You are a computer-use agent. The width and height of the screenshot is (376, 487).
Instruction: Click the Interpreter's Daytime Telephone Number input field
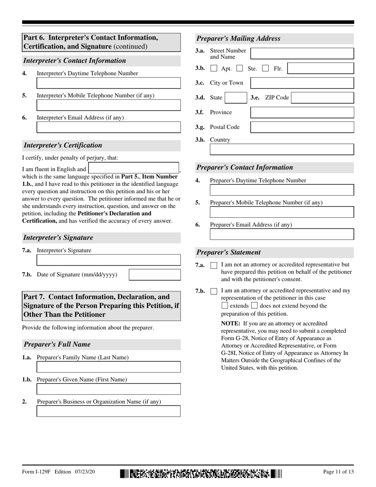click(108, 83)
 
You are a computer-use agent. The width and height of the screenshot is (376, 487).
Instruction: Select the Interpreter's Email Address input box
click(108, 127)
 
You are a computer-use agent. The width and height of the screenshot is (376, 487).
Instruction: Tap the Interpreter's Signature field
click(108, 260)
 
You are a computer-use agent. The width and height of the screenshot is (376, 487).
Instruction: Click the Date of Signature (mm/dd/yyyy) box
click(155, 275)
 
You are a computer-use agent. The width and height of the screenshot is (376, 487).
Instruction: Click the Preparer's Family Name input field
click(108, 367)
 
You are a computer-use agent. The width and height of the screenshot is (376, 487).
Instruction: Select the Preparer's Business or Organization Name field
click(108, 411)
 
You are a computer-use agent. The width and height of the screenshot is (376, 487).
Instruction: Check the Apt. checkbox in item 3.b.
click(214, 68)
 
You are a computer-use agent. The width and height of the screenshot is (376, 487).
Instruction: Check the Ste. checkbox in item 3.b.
click(239, 68)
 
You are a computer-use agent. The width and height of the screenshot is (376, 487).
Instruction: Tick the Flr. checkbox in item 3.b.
click(266, 68)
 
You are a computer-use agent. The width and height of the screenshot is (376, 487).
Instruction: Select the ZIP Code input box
click(322, 98)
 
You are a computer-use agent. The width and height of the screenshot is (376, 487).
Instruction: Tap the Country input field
click(281, 149)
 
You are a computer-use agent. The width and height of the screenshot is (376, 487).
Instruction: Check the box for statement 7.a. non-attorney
click(214, 265)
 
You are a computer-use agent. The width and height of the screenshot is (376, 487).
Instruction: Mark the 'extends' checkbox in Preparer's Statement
click(225, 306)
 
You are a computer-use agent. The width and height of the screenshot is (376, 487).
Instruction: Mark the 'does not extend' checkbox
click(254, 306)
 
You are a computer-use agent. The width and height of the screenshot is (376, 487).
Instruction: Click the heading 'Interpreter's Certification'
click(63, 145)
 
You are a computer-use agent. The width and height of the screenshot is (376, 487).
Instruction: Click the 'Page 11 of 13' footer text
click(338, 472)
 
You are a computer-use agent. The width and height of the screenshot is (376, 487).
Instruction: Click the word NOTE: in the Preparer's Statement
click(230, 323)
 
